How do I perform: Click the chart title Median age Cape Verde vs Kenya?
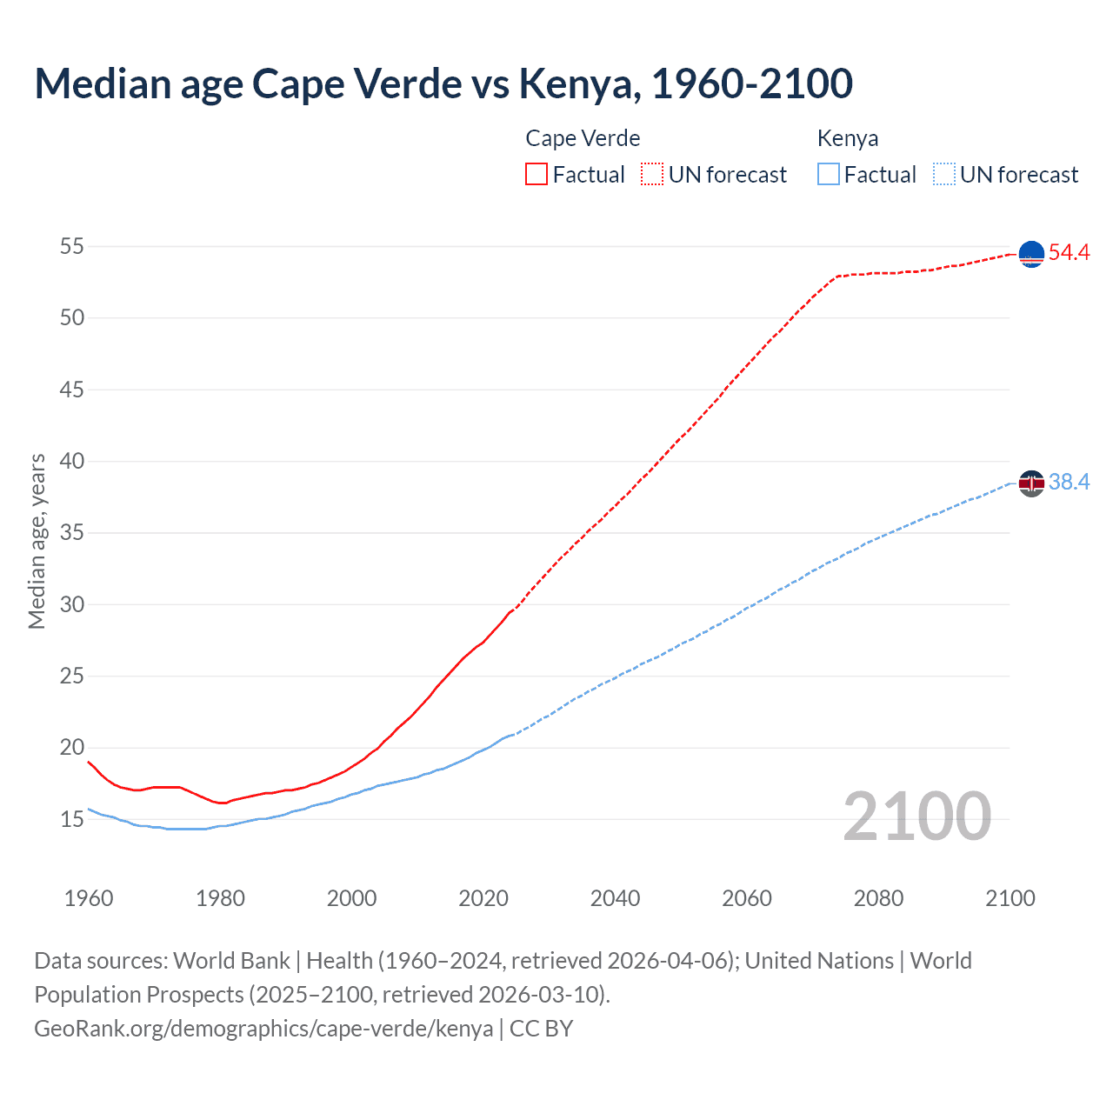(443, 83)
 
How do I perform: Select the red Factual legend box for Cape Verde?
(536, 174)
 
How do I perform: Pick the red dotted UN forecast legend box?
(652, 174)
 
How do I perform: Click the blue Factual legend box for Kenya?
(828, 174)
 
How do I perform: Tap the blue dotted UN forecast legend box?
(943, 174)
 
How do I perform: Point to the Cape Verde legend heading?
(583, 138)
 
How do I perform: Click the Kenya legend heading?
(848, 138)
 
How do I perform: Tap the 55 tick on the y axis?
(72, 246)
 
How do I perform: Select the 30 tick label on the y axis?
(72, 604)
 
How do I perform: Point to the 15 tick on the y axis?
(72, 819)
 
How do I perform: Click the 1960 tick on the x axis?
(89, 898)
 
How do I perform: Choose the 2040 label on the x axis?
(615, 898)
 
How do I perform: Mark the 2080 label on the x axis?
(878, 898)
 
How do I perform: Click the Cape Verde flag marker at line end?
(1031, 254)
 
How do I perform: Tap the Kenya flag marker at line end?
(1031, 483)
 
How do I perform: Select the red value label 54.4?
(1069, 253)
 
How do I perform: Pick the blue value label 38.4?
(1069, 482)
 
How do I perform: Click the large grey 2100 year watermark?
(916, 816)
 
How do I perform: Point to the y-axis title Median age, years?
(37, 541)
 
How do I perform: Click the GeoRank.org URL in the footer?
(263, 1029)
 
